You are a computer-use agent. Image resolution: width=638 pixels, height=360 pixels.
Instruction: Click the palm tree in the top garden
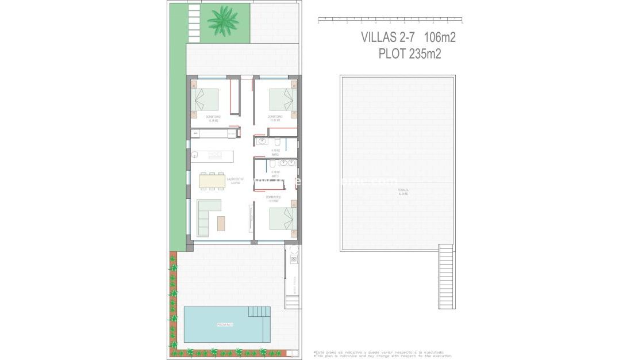223,21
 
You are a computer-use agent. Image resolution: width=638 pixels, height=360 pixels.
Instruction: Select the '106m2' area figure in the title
440,37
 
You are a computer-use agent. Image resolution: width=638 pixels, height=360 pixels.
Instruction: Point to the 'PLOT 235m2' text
409,54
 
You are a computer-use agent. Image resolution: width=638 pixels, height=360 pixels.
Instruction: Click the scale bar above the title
390,20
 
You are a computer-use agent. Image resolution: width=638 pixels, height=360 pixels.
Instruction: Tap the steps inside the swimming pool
259,312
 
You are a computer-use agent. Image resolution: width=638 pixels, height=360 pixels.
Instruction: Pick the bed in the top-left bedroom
205,99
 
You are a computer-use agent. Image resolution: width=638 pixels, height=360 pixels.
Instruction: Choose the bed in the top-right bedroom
283,99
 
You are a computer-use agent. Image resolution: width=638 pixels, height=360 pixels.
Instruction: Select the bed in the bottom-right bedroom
283,219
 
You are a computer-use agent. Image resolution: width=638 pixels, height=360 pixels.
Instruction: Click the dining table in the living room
212,181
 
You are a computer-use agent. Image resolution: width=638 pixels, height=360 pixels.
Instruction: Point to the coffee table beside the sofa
221,223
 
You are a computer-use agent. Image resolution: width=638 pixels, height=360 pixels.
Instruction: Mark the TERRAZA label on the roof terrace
403,192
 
